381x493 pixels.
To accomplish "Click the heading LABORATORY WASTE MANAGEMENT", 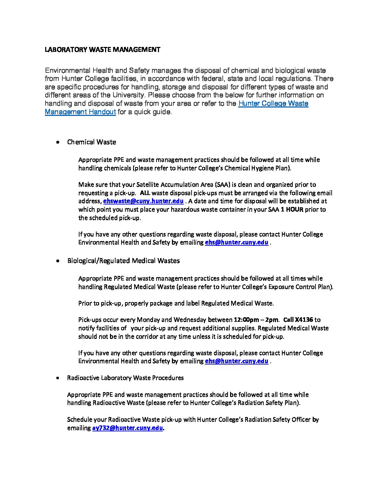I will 102,50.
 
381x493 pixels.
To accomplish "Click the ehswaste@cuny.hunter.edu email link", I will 143,201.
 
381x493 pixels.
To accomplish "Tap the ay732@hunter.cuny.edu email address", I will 127,428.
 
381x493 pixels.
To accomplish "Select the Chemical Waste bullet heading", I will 91,142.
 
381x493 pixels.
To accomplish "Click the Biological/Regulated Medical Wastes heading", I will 123,261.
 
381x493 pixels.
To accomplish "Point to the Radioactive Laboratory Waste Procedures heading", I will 125,378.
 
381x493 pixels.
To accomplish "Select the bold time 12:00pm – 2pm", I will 256,320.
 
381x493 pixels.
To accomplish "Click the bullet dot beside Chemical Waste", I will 57,142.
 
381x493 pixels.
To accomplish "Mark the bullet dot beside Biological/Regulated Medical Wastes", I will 57,261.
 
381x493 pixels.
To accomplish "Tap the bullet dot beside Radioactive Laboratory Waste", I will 57,378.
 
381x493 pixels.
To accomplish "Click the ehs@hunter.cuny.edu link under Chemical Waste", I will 236,242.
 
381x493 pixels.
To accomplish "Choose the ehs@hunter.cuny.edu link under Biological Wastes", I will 236,361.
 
